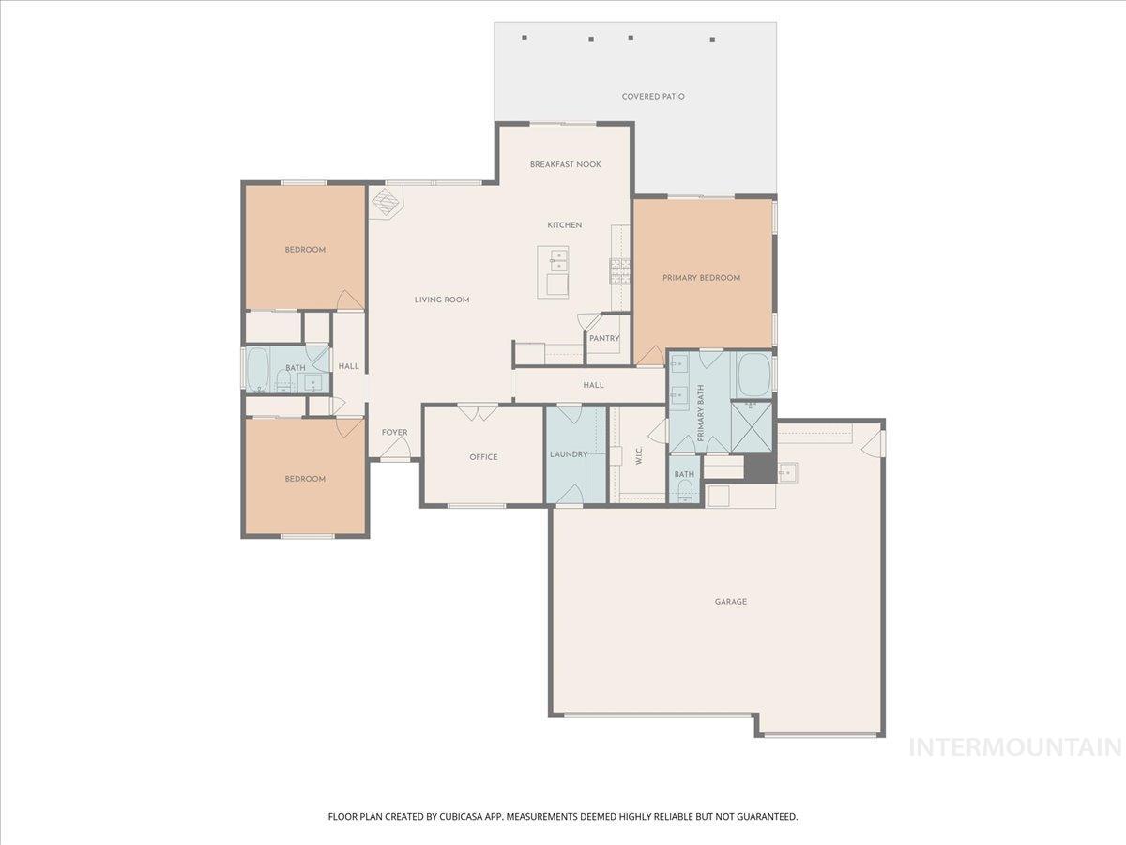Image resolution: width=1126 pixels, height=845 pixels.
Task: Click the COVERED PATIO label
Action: pyautogui.click(x=653, y=96)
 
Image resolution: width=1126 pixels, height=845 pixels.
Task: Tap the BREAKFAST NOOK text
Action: pyautogui.click(x=565, y=164)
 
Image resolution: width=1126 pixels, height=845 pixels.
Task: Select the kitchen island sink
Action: pyautogui.click(x=553, y=259)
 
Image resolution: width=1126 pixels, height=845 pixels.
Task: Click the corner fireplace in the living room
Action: pyautogui.click(x=385, y=201)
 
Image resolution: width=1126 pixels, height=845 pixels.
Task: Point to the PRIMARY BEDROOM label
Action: pyautogui.click(x=701, y=278)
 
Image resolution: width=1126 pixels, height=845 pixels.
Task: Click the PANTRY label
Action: pyautogui.click(x=604, y=338)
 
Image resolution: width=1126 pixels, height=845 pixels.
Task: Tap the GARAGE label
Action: pyautogui.click(x=731, y=602)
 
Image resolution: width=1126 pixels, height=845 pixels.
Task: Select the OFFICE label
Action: pyautogui.click(x=483, y=457)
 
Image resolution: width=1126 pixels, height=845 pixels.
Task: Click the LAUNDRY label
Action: pyautogui.click(x=569, y=454)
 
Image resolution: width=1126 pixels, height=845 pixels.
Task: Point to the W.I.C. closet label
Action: pyautogui.click(x=638, y=455)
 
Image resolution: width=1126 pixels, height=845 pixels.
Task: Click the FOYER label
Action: pyautogui.click(x=394, y=433)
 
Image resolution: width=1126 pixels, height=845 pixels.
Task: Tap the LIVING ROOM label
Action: pyautogui.click(x=442, y=300)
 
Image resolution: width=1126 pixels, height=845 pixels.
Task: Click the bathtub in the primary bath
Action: pyautogui.click(x=752, y=375)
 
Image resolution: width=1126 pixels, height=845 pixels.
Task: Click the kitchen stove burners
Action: pyautogui.click(x=620, y=270)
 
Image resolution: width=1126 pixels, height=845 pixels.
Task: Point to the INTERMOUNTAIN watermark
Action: pyautogui.click(x=1016, y=747)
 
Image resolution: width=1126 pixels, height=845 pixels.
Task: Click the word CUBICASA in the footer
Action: pyautogui.click(x=457, y=817)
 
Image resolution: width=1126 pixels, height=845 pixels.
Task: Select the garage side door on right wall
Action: pyautogui.click(x=879, y=443)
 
